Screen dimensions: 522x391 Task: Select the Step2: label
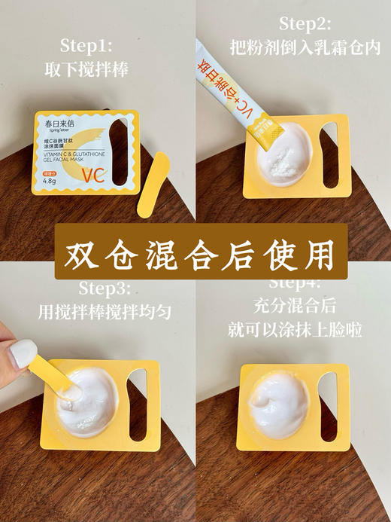(x=305, y=23)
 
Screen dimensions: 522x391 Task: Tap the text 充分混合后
(x=295, y=309)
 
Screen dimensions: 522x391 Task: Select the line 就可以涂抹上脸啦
(x=295, y=330)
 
